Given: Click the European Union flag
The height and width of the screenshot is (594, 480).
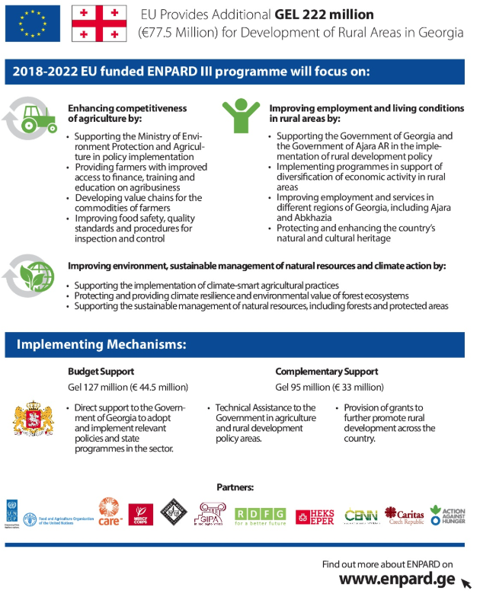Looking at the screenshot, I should point(32,23).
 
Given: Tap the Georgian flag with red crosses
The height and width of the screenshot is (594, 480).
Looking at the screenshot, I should point(100,24).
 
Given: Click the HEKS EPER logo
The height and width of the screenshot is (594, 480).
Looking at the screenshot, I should point(314,516).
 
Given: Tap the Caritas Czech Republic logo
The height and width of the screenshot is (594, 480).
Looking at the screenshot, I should point(403,515).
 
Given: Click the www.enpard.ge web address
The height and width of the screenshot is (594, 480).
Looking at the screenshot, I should point(398,578).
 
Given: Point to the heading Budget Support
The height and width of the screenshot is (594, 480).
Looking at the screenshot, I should point(101,372).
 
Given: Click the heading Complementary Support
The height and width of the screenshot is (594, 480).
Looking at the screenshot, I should point(326,372).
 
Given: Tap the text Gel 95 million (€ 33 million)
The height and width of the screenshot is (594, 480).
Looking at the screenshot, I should point(324,387).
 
